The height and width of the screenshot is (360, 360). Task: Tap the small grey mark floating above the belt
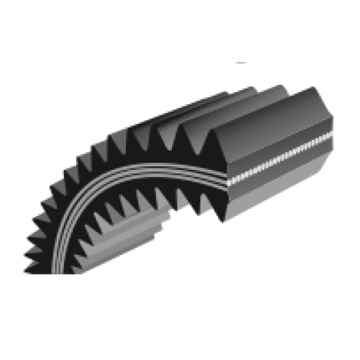pyautogui.click(x=242, y=63)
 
